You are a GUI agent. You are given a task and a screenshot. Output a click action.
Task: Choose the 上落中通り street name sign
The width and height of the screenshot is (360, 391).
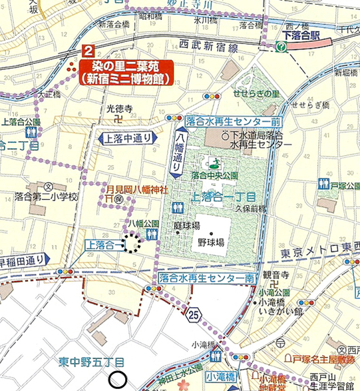click(x=126, y=139)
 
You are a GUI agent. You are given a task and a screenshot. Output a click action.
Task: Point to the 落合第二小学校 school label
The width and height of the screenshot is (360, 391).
click(x=46, y=196)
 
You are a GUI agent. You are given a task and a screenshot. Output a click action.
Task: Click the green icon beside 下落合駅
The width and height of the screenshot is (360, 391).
click(x=280, y=46)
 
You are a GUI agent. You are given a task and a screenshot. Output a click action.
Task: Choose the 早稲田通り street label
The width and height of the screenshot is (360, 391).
click(x=23, y=259)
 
